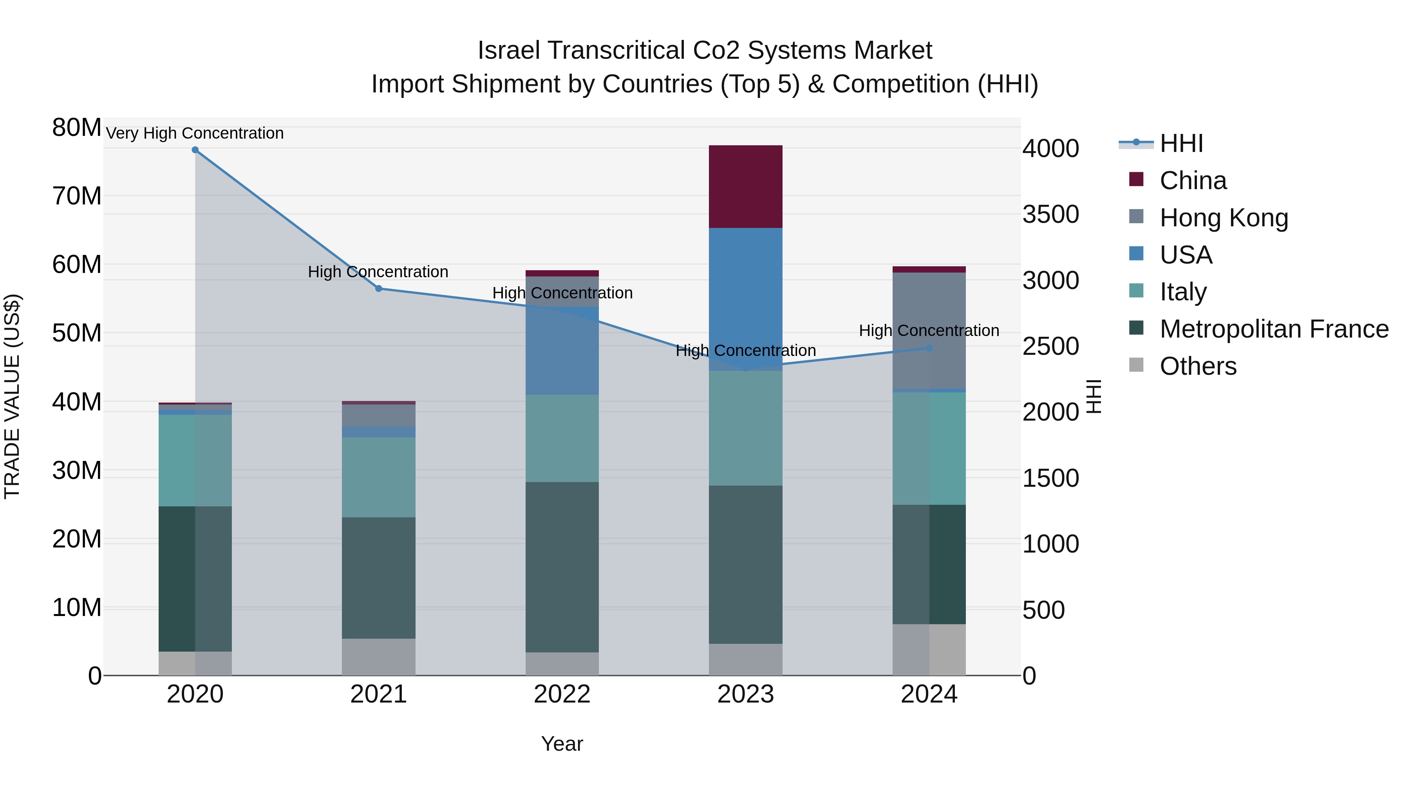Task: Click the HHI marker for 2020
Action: point(195,150)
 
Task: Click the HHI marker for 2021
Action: point(378,288)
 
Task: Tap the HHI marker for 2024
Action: point(929,348)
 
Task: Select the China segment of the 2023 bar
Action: point(745,187)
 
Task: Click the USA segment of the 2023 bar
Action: point(745,290)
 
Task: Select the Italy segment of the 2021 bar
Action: point(378,477)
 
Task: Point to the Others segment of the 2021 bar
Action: point(378,657)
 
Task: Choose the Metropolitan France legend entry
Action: point(1274,329)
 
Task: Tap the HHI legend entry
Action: point(1181,143)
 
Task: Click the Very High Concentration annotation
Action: point(195,133)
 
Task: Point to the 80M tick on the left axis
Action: point(77,128)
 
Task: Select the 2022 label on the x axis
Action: point(562,694)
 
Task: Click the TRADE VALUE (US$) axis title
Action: point(12,396)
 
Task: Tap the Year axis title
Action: point(562,744)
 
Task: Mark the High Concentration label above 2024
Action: point(929,331)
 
